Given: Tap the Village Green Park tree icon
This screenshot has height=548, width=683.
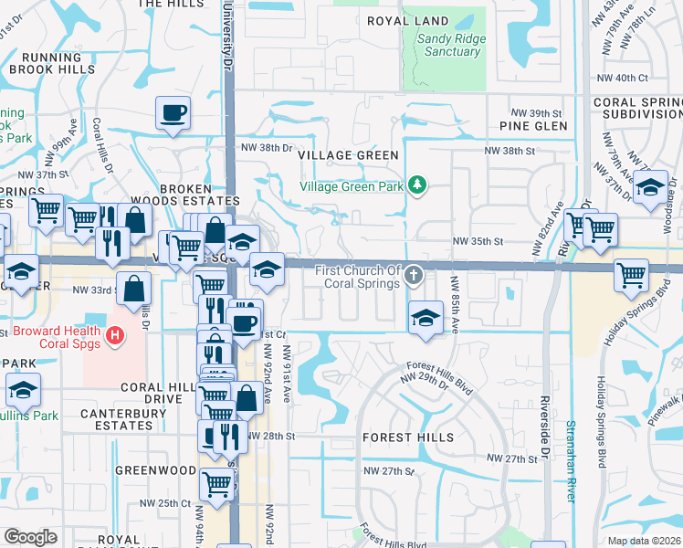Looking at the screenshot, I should coord(418,185).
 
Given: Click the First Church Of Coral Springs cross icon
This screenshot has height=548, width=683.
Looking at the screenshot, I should coord(414,274).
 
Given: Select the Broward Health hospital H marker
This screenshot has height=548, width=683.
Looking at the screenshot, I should coord(114,336).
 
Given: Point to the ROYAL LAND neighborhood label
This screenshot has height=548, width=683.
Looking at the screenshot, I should coord(408,21).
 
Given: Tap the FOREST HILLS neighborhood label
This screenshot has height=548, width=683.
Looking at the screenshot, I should coord(407,437).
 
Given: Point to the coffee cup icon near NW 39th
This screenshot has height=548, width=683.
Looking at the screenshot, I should coord(173,113).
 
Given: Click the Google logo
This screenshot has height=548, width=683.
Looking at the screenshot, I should coord(31,537).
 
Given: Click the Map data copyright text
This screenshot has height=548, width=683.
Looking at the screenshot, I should coord(645,541).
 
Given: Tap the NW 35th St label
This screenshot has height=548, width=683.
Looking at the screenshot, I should coord(479,242).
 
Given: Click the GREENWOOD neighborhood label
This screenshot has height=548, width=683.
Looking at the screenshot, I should coord(155,470).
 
